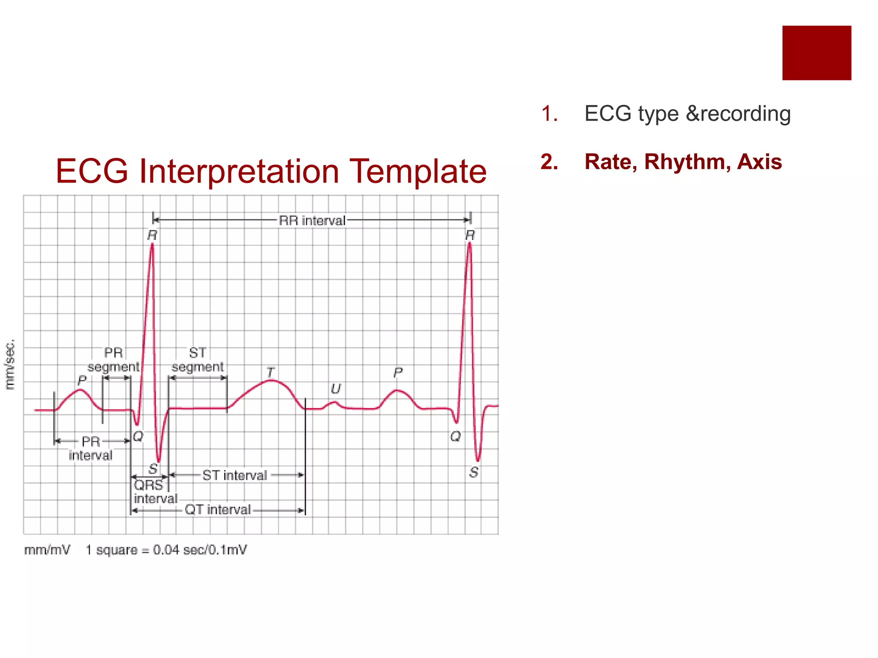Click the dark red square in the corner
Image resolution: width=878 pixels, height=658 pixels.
(816, 53)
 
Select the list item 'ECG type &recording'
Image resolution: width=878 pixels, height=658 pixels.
(687, 114)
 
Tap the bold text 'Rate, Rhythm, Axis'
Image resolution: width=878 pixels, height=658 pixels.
(683, 162)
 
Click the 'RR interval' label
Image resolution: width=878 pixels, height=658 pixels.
(312, 221)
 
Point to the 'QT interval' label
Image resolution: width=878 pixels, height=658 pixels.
(218, 510)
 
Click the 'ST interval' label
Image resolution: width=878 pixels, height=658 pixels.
(235, 476)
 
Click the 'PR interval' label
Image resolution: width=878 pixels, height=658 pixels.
(90, 448)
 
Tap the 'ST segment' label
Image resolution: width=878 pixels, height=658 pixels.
(198, 360)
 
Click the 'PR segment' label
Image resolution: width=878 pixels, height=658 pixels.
(114, 360)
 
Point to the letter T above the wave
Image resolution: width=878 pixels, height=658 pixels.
(270, 372)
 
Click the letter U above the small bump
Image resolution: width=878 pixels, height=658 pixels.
(335, 389)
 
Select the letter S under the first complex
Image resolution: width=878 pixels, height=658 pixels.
(153, 469)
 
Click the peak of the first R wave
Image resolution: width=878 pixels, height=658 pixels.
(152, 245)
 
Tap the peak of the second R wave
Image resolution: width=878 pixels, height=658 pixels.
(469, 244)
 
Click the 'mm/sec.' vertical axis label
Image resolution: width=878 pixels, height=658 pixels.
(9, 365)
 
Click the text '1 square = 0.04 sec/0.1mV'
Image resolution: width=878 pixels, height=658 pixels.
(166, 550)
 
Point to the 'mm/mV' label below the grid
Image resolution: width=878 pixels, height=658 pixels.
(47, 550)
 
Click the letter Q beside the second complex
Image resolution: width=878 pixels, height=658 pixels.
(455, 437)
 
